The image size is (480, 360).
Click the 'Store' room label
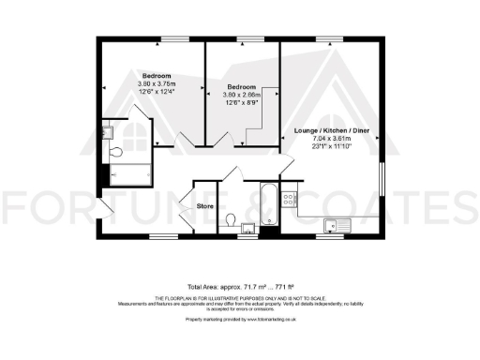[x=206, y=204]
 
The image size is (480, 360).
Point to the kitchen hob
[x=290, y=200]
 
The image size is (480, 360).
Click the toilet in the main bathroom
[x=231, y=220]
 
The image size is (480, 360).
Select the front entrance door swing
[x=104, y=208]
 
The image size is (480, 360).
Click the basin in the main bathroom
[x=247, y=226]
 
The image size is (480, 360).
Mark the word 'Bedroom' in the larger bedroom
[x=156, y=74]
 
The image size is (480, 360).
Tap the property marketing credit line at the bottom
[x=239, y=320]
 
